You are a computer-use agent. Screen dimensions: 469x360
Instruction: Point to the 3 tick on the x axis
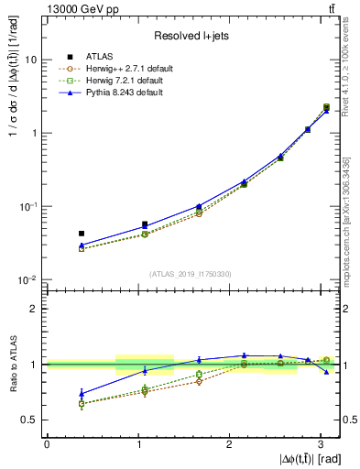321,444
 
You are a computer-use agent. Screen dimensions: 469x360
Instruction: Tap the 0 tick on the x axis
47,444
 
